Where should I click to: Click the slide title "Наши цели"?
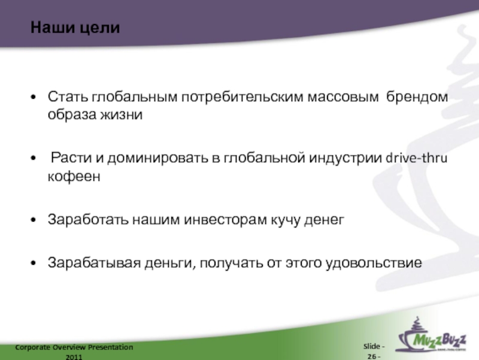point(75,28)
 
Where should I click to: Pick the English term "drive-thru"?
point(419,159)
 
